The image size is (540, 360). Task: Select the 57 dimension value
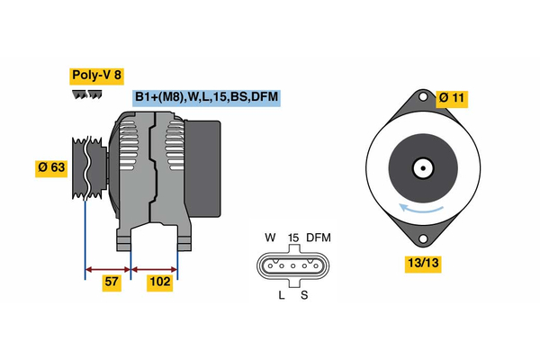[111, 283]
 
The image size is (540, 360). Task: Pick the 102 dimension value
[159, 283]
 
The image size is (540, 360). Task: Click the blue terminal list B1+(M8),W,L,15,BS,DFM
[205, 97]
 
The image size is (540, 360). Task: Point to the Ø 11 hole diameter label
[451, 97]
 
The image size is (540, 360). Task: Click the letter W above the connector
[269, 238]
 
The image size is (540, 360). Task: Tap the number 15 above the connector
[292, 238]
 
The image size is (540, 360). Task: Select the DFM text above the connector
[319, 238]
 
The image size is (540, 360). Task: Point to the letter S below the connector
[304, 295]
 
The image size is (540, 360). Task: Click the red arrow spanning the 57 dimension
[108, 268]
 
